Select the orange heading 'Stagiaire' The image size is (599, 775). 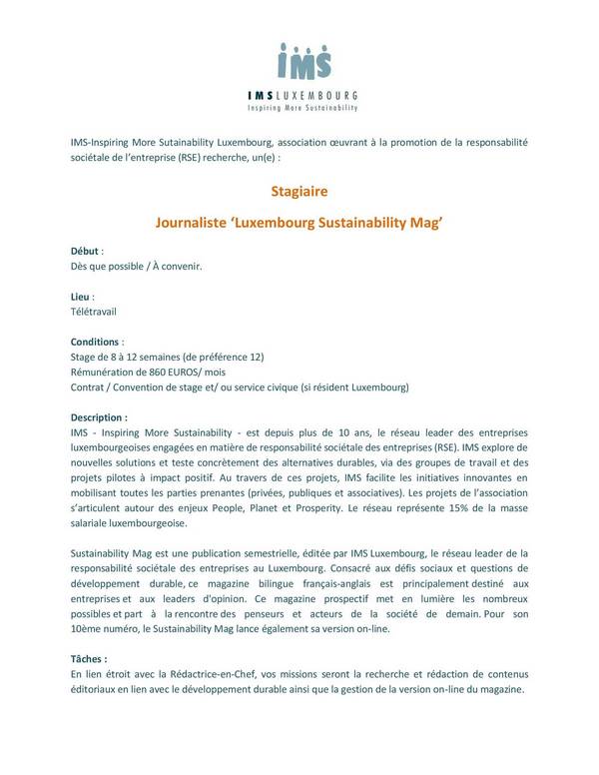(x=299, y=188)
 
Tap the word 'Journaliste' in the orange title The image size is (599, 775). (x=192, y=225)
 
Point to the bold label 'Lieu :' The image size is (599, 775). (x=83, y=298)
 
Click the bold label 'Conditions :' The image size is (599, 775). (x=97, y=342)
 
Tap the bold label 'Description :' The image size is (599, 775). (x=100, y=416)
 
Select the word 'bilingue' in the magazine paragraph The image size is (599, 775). (x=272, y=582)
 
